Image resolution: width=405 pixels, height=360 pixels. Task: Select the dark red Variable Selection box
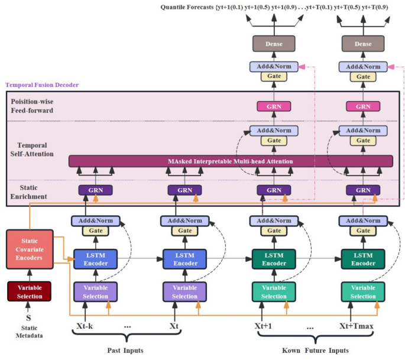click(x=29, y=290)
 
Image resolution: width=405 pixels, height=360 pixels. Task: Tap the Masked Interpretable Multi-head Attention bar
click(x=231, y=161)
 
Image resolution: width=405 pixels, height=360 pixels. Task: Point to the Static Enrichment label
click(x=30, y=191)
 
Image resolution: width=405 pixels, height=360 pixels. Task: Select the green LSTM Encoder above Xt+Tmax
click(x=362, y=259)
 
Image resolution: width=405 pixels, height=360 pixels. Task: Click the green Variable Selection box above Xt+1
click(x=273, y=291)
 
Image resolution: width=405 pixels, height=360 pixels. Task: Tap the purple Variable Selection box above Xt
click(x=184, y=291)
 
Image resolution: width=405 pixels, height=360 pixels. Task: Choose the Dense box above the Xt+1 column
click(x=273, y=44)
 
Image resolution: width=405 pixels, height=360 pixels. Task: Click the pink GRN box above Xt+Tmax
click(x=362, y=106)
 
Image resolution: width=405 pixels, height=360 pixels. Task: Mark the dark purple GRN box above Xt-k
click(x=95, y=190)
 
